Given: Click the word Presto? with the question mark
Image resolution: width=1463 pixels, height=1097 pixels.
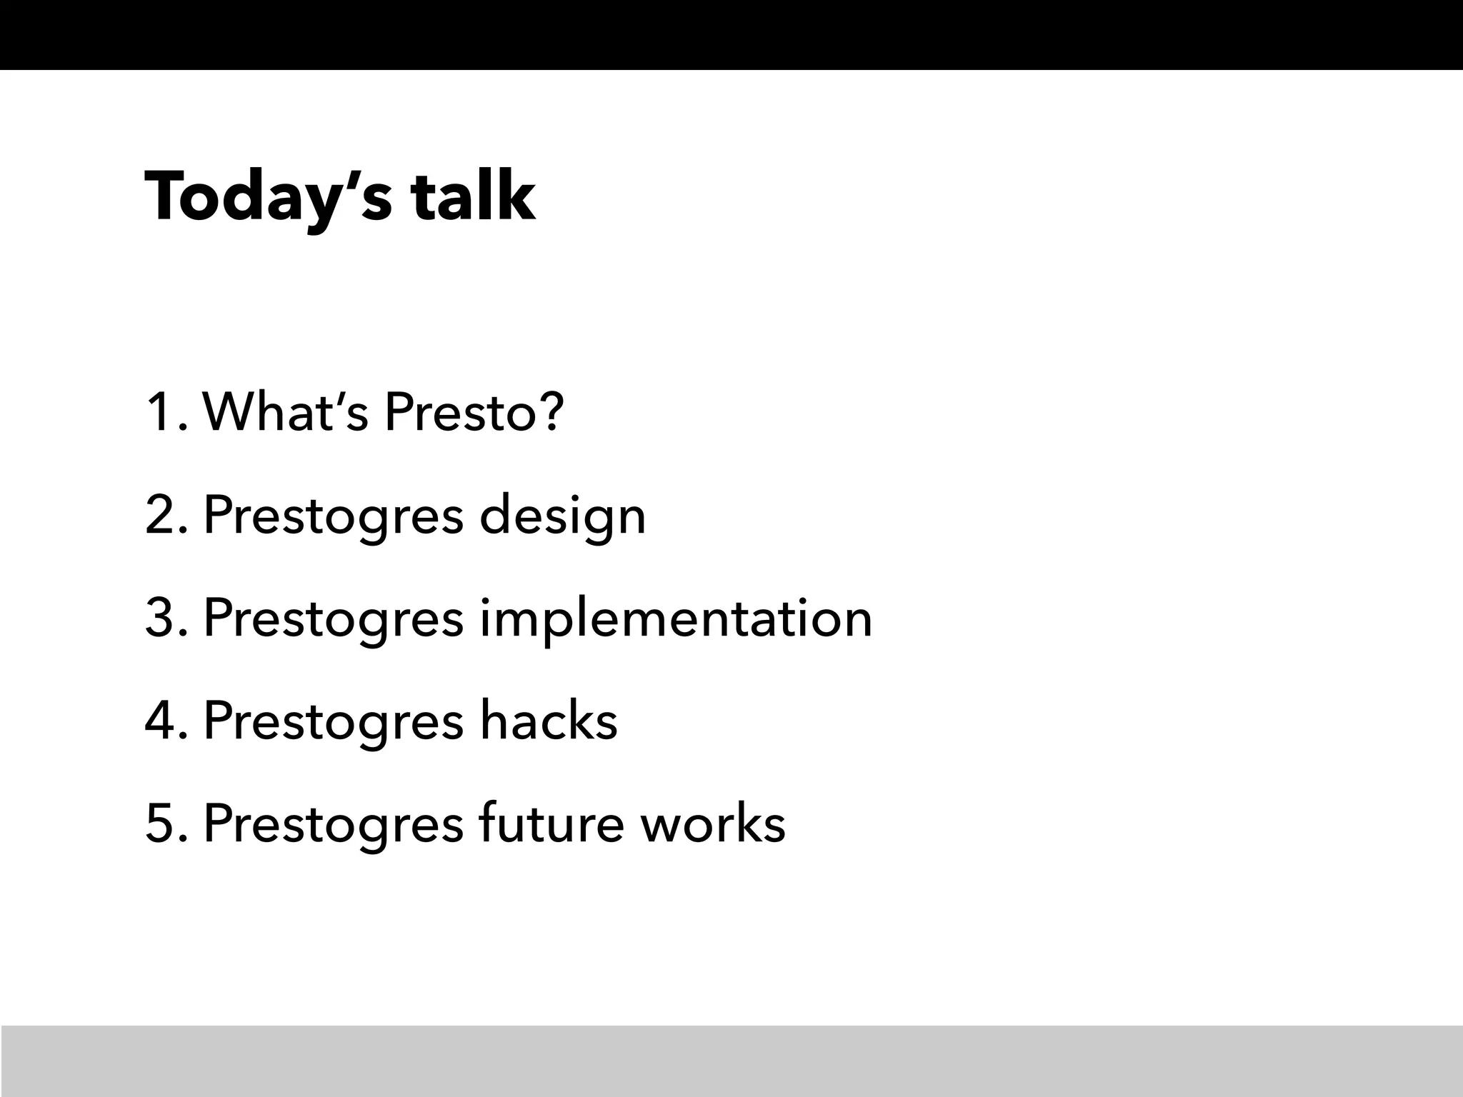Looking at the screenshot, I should pyautogui.click(x=474, y=412).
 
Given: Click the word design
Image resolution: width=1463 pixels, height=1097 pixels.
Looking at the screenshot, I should pyautogui.click(x=562, y=516).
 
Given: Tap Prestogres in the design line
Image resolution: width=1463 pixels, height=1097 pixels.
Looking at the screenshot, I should pyautogui.click(x=334, y=516).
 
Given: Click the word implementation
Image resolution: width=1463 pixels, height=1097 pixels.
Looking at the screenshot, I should pyautogui.click(x=676, y=618).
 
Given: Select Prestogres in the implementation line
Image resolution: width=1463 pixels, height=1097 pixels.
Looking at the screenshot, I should pyautogui.click(x=334, y=619).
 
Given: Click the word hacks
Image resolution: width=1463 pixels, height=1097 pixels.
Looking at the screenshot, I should pyautogui.click(x=548, y=721).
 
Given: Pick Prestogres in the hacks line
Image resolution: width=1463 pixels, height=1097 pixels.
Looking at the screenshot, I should pyautogui.click(x=334, y=722).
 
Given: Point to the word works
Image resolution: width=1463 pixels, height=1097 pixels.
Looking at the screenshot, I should pyautogui.click(x=712, y=823).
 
